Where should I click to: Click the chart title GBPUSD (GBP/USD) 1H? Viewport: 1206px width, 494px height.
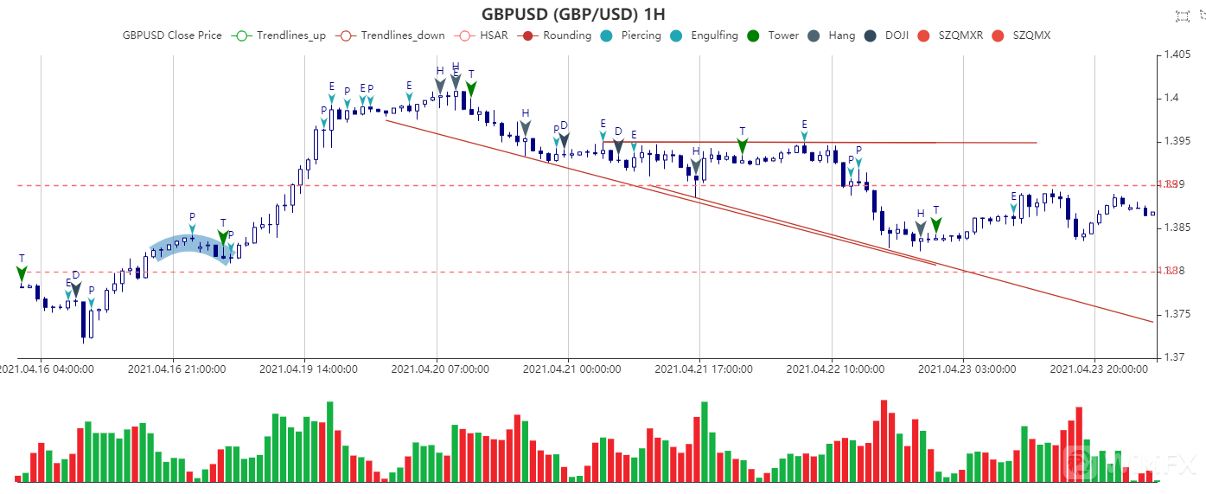[573, 14]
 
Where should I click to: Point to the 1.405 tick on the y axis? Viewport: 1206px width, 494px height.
[1177, 55]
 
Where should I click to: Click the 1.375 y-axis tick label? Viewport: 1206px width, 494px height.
[1177, 314]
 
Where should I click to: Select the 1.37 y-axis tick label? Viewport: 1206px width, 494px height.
[1173, 356]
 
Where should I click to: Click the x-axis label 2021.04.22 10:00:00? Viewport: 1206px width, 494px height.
[835, 369]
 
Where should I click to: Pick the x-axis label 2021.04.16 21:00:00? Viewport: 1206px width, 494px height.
[177, 369]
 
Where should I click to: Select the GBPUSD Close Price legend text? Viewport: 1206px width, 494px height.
[172, 35]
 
